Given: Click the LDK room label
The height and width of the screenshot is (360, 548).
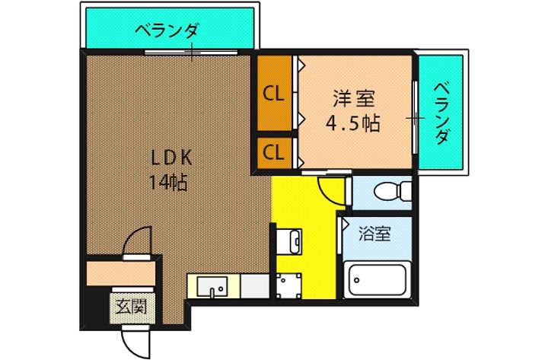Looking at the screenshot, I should [175, 159].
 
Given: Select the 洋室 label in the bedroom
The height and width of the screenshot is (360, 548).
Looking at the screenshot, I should [353, 99].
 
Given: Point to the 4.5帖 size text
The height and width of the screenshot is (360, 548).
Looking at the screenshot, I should [353, 123].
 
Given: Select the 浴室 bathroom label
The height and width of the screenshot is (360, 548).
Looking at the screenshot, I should [375, 234].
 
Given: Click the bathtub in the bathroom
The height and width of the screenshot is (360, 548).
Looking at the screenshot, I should [378, 281].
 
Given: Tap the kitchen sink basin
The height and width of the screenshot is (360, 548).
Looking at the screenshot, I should [212, 288].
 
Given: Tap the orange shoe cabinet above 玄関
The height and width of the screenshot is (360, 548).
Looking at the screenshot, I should [122, 271].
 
